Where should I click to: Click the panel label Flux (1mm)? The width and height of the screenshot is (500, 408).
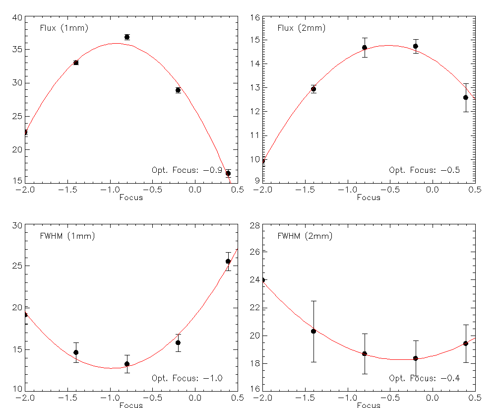click(x=64, y=28)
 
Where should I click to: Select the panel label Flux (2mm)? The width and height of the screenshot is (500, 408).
click(x=302, y=28)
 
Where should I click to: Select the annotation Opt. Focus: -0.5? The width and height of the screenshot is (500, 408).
click(x=424, y=170)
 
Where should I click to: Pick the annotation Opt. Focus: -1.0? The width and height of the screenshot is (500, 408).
click(x=187, y=378)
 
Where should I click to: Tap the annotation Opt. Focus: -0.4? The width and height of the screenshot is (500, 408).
click(x=424, y=378)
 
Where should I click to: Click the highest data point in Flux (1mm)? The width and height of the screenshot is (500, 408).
click(x=127, y=37)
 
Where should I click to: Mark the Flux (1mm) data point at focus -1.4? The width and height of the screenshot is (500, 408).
click(x=76, y=63)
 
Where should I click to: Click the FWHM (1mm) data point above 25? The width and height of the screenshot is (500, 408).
click(x=228, y=261)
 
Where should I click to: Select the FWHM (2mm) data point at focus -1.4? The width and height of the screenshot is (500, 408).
click(x=313, y=331)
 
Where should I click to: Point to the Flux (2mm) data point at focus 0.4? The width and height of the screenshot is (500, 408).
click(x=466, y=97)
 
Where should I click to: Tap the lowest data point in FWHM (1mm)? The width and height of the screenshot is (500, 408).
click(x=127, y=364)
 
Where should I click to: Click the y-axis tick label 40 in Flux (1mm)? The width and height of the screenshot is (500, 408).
click(x=17, y=18)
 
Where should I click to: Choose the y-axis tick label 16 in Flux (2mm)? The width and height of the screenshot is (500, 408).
click(x=255, y=18)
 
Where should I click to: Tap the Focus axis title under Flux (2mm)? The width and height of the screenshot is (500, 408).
click(x=369, y=198)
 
